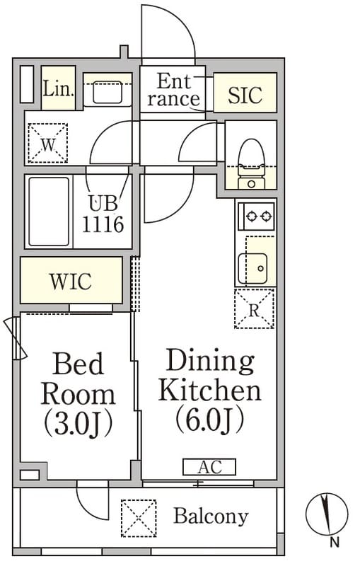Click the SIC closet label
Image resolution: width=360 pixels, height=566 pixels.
[x=245, y=95]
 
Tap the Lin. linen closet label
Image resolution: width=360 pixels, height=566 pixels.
[x=59, y=88]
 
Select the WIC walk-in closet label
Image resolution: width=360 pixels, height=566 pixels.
[x=71, y=281]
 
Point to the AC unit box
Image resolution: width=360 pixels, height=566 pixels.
[x=209, y=467]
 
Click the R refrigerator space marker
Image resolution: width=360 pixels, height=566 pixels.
[x=255, y=309]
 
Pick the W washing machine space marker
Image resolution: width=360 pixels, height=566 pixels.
[x=48, y=144]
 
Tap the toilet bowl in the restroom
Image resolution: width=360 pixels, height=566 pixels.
[x=251, y=158]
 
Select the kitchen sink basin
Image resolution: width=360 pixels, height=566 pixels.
[x=253, y=269]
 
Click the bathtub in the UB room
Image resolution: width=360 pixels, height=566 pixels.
[x=49, y=212]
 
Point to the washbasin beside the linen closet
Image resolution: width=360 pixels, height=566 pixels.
[x=107, y=93]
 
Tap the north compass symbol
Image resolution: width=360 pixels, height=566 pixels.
[x=327, y=514]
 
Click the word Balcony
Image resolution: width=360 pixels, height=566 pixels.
[x=211, y=516]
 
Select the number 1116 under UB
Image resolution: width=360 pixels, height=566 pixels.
[x=103, y=224]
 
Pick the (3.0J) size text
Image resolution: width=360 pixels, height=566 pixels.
[x=78, y=424]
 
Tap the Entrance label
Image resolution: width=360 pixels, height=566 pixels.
[x=173, y=90]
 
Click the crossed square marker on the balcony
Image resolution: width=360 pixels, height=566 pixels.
[x=139, y=518]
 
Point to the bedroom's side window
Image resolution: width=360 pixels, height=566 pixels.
[x=16, y=339]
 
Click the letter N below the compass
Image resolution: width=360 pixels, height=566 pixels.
[x=335, y=542]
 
